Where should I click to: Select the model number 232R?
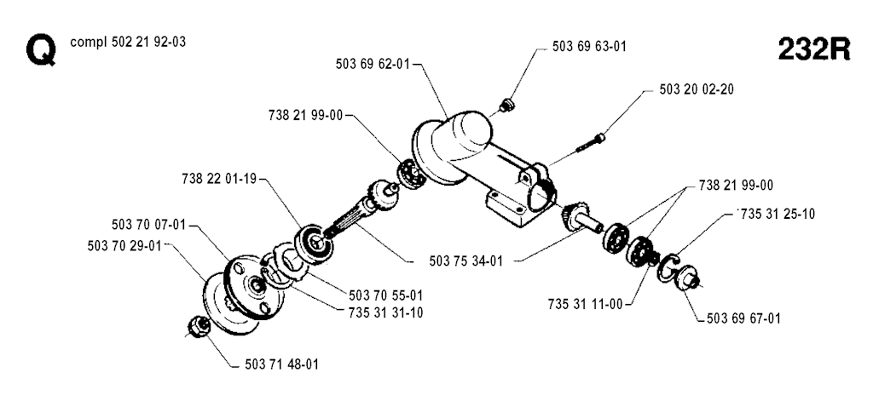tap(814, 49)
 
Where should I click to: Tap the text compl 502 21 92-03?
tap(128, 43)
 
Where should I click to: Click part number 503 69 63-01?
tap(589, 47)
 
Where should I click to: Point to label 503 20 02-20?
tap(697, 89)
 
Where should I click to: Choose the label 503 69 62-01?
tap(373, 64)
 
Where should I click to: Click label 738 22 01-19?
tap(219, 179)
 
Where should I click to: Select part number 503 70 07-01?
tap(148, 225)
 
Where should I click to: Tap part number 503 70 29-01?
tap(124, 245)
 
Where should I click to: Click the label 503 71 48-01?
tap(281, 364)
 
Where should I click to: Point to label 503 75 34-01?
tap(466, 261)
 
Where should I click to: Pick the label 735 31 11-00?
tap(585, 304)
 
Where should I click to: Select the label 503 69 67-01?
tap(743, 318)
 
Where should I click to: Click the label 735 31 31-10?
tap(386, 313)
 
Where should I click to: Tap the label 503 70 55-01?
tap(386, 295)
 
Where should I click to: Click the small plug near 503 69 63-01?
tap(506, 105)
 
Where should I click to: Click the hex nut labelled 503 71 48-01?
tap(199, 325)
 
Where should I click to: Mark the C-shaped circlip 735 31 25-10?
tap(668, 268)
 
